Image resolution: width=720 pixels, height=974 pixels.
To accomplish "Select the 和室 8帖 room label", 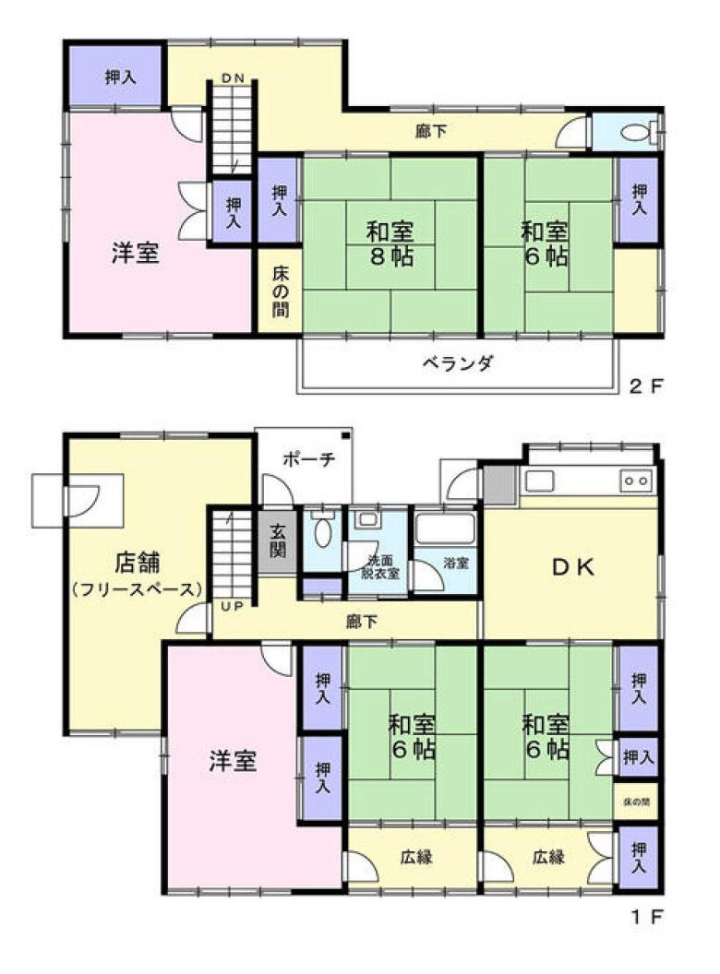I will (387, 243).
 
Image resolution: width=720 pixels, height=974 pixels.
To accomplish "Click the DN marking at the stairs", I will (233, 78).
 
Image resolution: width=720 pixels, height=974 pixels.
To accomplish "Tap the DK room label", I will (572, 568).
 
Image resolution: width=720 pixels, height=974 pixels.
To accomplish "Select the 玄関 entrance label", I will (278, 547).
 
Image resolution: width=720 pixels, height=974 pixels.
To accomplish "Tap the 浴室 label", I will (455, 561).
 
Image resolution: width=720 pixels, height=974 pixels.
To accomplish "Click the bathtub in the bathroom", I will (445, 529).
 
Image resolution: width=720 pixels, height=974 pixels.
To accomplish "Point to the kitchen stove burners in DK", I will (637, 480).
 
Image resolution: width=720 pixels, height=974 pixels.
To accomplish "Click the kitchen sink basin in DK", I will (540, 481).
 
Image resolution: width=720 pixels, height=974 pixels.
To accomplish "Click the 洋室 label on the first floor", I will (232, 762).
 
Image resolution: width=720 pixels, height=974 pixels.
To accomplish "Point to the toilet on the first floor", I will (322, 531).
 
